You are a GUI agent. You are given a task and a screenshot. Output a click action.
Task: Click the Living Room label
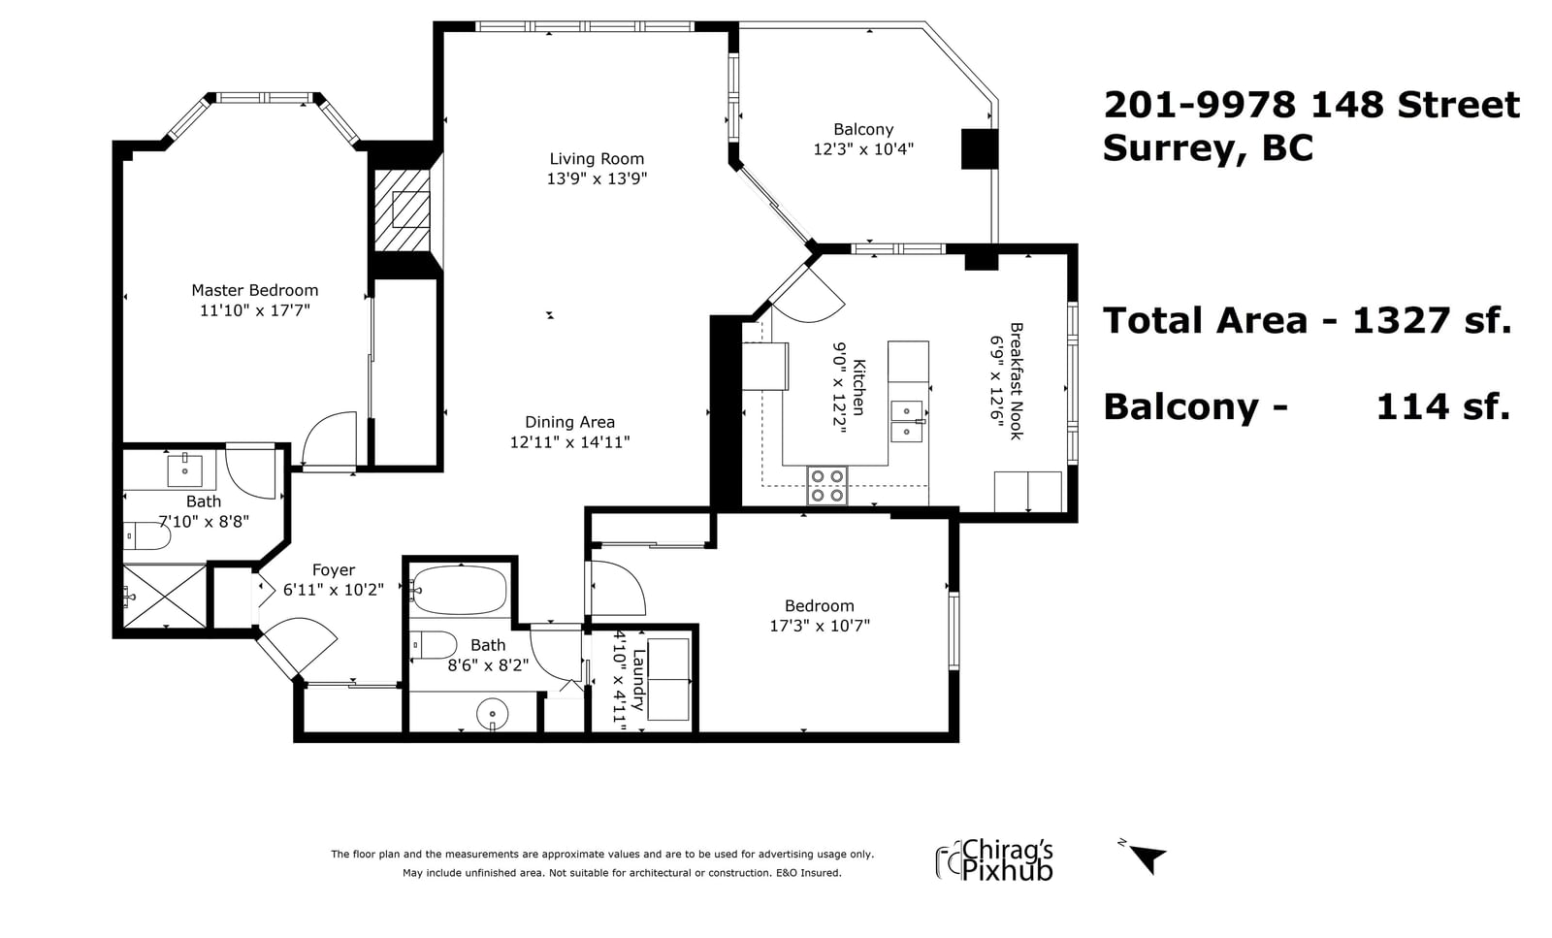597,159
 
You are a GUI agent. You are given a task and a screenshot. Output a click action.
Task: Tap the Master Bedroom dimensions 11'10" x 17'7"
255,310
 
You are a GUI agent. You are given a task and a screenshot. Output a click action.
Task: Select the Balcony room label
863,130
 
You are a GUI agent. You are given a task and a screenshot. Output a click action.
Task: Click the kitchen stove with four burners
827,486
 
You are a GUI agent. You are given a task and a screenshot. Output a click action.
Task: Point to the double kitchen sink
907,421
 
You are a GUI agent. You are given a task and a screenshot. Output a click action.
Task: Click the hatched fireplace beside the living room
403,210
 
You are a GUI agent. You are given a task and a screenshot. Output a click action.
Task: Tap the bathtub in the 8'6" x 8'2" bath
458,591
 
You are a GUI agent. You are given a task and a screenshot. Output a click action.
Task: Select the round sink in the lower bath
493,714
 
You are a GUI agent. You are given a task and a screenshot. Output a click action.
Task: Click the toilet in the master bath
146,536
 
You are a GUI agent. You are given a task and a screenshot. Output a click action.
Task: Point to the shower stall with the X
165,597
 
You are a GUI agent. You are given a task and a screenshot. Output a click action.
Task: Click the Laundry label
639,680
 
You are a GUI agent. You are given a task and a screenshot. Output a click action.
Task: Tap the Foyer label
334,570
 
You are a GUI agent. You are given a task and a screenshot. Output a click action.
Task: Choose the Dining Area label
569,422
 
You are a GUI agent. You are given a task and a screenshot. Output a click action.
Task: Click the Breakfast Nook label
1017,381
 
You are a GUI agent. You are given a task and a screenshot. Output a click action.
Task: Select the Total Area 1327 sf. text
1307,321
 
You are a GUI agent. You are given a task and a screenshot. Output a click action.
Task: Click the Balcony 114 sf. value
1442,406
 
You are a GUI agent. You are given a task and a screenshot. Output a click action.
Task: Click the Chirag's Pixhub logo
994,860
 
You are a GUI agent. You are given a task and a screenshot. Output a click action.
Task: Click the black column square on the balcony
980,149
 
